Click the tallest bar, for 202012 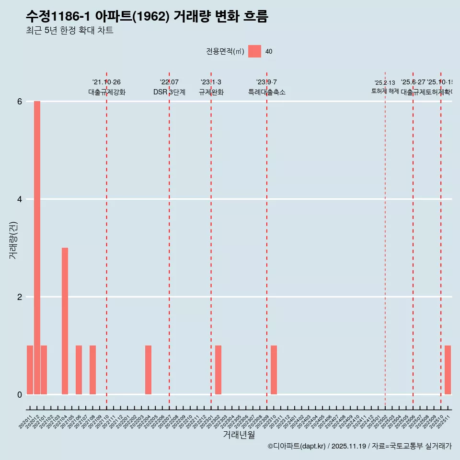coord(37,248)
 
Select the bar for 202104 coord(65,321)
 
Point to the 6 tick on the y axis coord(20,102)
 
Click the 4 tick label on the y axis coord(20,199)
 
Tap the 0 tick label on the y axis coord(20,395)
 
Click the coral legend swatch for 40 coord(254,51)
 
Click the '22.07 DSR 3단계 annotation coord(169,87)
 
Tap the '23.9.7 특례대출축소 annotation coord(266,87)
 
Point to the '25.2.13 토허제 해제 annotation coord(385,87)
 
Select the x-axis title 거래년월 coord(239,435)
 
